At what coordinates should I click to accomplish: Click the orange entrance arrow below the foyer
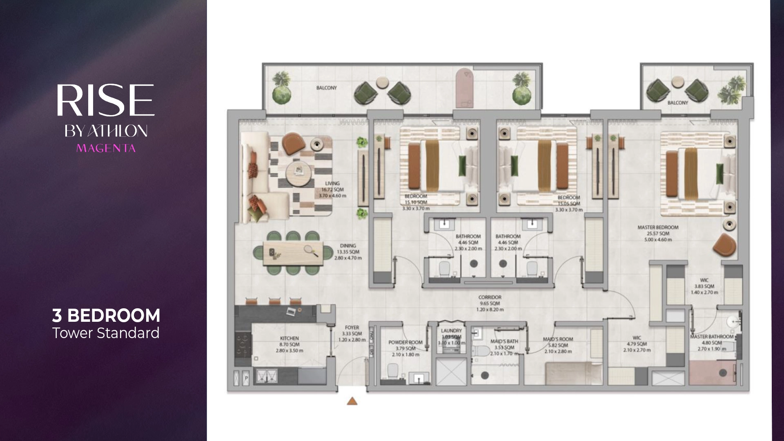(x=352, y=401)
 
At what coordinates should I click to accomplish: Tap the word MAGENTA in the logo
(x=106, y=148)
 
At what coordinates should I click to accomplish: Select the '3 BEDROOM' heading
(x=106, y=316)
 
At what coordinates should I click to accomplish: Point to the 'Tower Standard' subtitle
(x=106, y=333)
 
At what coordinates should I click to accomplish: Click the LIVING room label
(x=332, y=184)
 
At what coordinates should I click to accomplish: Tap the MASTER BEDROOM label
(x=658, y=227)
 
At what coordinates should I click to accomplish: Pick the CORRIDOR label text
(x=490, y=297)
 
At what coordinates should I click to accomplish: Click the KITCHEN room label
(x=289, y=338)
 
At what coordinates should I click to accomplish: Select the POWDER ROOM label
(x=405, y=342)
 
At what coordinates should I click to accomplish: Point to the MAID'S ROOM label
(x=558, y=339)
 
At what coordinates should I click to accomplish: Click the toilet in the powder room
(x=392, y=371)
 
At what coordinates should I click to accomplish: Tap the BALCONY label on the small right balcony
(x=677, y=103)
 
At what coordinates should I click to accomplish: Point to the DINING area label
(x=348, y=246)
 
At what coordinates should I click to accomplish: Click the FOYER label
(x=352, y=327)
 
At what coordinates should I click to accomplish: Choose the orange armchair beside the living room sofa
(x=294, y=143)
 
